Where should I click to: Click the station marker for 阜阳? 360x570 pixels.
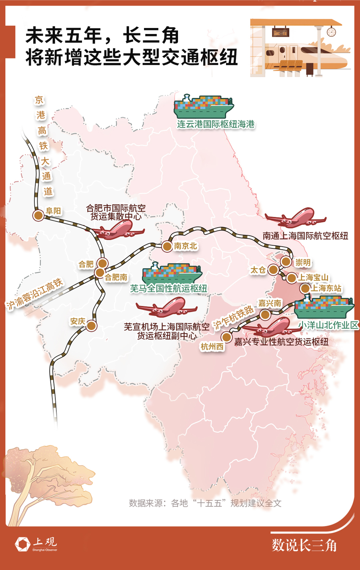38,215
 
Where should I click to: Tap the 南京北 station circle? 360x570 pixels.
167,246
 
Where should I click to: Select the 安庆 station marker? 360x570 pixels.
92,326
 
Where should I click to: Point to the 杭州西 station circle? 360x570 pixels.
226,337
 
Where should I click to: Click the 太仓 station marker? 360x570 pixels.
273,270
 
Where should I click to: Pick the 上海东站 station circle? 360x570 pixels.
305,288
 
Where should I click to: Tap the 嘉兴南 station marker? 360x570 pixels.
265,315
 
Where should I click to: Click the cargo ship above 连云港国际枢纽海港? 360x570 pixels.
204,107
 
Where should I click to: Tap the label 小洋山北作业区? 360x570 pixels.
329,325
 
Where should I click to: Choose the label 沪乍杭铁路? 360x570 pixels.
233,317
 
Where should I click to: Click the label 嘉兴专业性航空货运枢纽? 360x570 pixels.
281,342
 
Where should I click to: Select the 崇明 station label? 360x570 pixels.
303,262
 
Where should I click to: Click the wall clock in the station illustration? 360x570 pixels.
331,31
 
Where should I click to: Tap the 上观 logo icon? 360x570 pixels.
22,544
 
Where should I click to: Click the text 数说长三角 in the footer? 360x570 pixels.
304,545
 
